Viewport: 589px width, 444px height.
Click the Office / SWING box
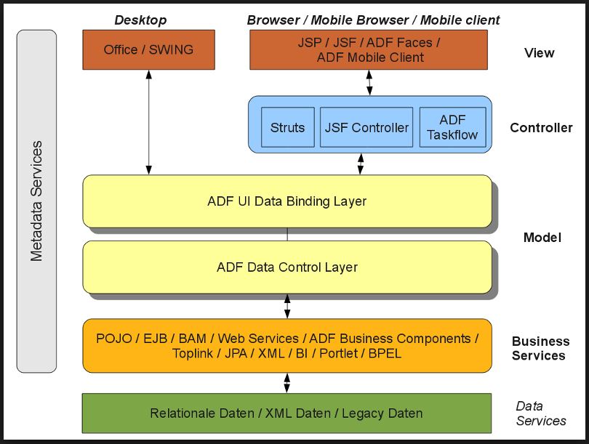click(x=148, y=50)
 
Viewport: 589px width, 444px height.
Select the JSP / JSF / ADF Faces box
click(x=370, y=50)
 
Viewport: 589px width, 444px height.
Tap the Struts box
click(x=287, y=127)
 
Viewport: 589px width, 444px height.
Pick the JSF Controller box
click(x=366, y=127)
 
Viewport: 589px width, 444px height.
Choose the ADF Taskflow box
click(x=452, y=127)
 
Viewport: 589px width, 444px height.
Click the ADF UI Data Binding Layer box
click(x=287, y=201)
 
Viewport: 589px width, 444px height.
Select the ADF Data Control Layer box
click(x=287, y=267)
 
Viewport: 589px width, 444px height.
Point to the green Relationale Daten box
click(x=286, y=413)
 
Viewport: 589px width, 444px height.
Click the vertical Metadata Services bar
click(x=36, y=200)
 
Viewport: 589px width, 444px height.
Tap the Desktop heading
click(x=140, y=20)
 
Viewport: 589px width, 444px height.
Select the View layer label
click(x=539, y=52)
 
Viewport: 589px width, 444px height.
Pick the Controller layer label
click(x=541, y=128)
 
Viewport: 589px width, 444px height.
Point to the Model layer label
click(x=542, y=237)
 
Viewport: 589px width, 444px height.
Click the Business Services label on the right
click(x=540, y=348)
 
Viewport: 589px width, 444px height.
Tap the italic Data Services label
click(x=540, y=413)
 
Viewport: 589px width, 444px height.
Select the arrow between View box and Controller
click(x=369, y=83)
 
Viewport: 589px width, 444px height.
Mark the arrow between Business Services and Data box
click(x=287, y=382)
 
